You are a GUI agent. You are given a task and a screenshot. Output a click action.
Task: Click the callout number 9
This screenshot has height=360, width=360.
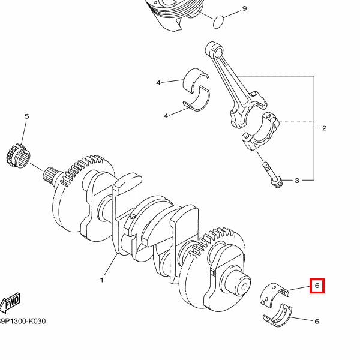click(x=244, y=8)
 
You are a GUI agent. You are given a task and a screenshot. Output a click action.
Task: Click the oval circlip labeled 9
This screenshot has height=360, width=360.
click(x=218, y=22)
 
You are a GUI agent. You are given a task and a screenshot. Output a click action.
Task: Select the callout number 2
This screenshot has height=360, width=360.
click(x=324, y=128)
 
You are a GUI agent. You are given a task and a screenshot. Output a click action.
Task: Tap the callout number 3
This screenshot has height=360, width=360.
click(x=297, y=181)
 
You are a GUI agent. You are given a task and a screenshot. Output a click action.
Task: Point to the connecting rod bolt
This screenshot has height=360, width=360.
click(x=273, y=175)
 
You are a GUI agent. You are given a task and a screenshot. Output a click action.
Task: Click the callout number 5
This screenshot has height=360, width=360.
click(x=27, y=116)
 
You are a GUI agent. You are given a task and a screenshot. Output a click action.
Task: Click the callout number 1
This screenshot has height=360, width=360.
click(x=102, y=280)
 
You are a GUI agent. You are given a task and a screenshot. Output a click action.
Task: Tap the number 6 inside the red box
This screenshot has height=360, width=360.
click(x=317, y=286)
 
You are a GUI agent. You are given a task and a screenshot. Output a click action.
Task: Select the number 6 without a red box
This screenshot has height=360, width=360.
click(x=317, y=321)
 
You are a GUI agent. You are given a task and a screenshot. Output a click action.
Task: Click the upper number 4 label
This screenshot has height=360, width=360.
click(x=158, y=83)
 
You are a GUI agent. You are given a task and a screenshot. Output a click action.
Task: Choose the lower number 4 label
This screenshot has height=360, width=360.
click(x=166, y=116)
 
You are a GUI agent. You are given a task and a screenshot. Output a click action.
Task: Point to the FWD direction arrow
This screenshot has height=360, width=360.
click(x=10, y=303)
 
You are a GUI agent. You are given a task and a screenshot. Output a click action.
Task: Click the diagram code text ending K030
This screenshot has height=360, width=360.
click(x=23, y=321)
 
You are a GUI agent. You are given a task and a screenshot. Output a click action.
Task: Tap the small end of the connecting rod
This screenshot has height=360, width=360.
click(x=214, y=50)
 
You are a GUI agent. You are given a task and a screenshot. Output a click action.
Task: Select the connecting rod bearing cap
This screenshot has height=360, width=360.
click(x=260, y=131)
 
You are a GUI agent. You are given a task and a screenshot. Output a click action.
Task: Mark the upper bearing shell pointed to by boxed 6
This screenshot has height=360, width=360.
click(x=273, y=295)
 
